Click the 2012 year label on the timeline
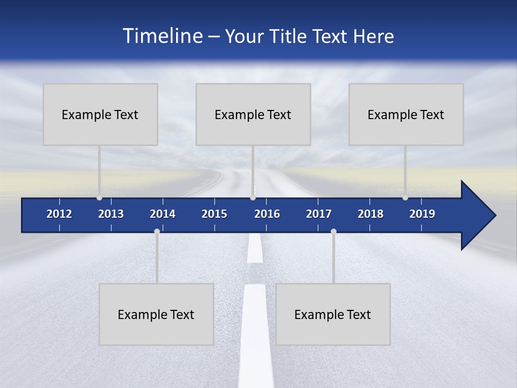[59, 214]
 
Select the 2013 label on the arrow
[111, 214]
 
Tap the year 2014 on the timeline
[163, 214]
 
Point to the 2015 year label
[214, 214]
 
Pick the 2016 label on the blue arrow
[267, 214]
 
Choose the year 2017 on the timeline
[319, 214]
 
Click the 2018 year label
[371, 214]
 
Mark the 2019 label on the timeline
[422, 214]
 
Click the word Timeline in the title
[163, 36]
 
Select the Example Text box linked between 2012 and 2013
[100, 114]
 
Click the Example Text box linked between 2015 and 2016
[253, 114]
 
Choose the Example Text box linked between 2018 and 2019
[406, 114]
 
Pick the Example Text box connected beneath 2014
[156, 314]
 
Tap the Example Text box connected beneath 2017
[333, 314]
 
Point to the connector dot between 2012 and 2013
[99, 198]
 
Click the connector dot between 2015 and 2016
[253, 198]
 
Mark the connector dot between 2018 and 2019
[405, 198]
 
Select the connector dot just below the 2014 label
[157, 232]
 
